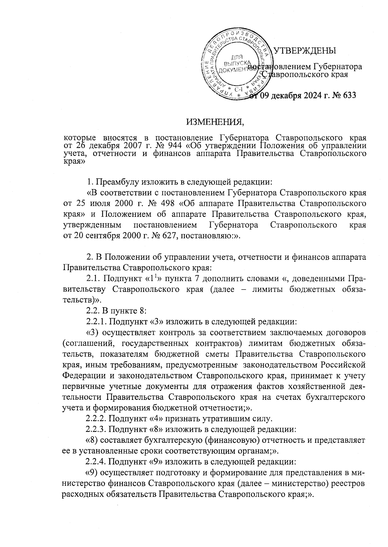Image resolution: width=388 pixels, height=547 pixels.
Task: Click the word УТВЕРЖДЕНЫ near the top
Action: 305,51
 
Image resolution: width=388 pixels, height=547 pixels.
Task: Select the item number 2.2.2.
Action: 96,419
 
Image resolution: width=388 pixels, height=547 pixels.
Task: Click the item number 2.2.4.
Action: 96,461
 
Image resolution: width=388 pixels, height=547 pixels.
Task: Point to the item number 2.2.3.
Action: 96,430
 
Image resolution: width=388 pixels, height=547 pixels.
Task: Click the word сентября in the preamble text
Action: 100,236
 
